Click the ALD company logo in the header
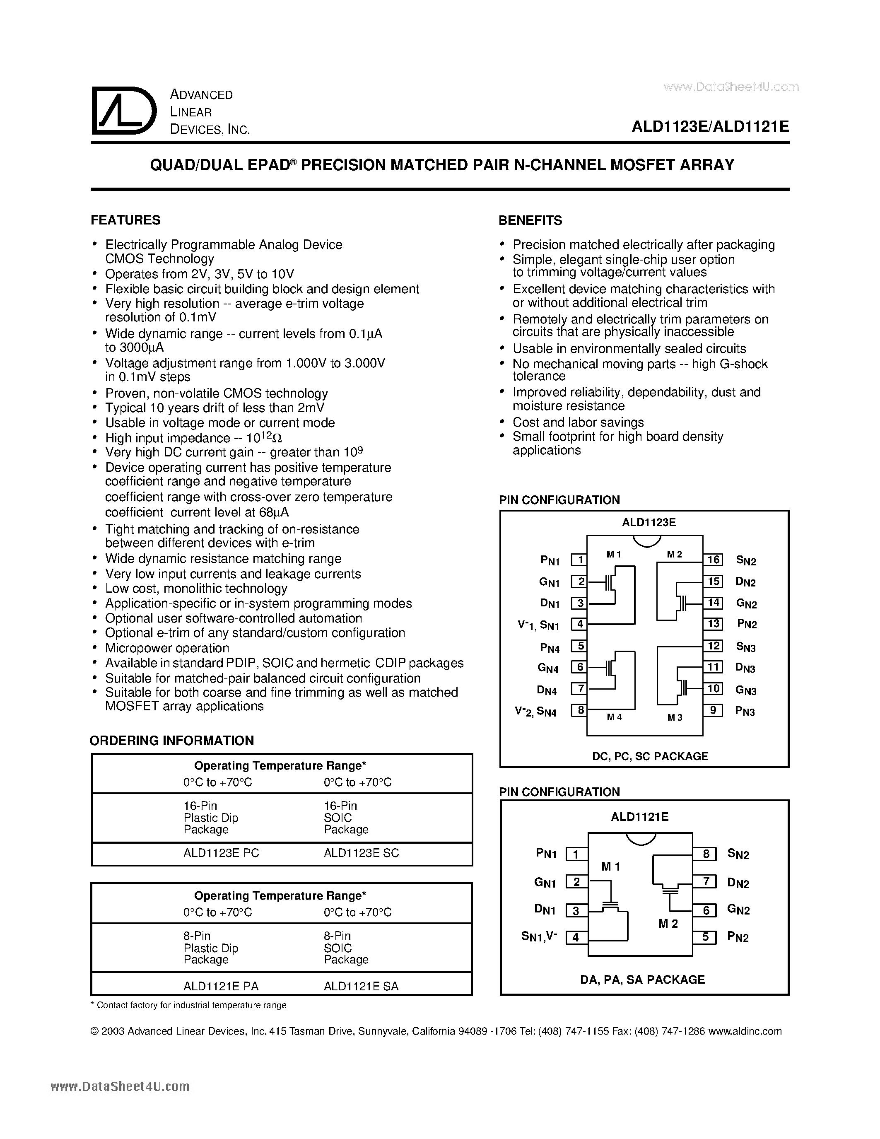click(x=123, y=111)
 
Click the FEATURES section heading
click(x=125, y=220)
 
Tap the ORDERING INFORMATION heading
click(x=171, y=741)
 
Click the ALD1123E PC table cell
click(x=221, y=853)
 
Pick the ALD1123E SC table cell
click(x=361, y=853)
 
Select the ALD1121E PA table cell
click(x=221, y=986)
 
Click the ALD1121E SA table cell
click(x=361, y=986)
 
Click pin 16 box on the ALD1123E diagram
click(x=713, y=560)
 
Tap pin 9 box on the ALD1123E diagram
click(x=713, y=710)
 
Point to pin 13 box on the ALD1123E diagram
click(x=713, y=624)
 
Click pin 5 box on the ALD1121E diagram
click(x=705, y=937)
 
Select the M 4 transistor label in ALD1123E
click(x=614, y=717)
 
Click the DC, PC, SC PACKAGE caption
click(x=650, y=756)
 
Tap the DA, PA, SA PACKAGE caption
click(x=642, y=980)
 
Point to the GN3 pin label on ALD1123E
click(x=745, y=690)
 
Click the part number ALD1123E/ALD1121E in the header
click(x=710, y=127)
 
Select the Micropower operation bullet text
click(x=167, y=648)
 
